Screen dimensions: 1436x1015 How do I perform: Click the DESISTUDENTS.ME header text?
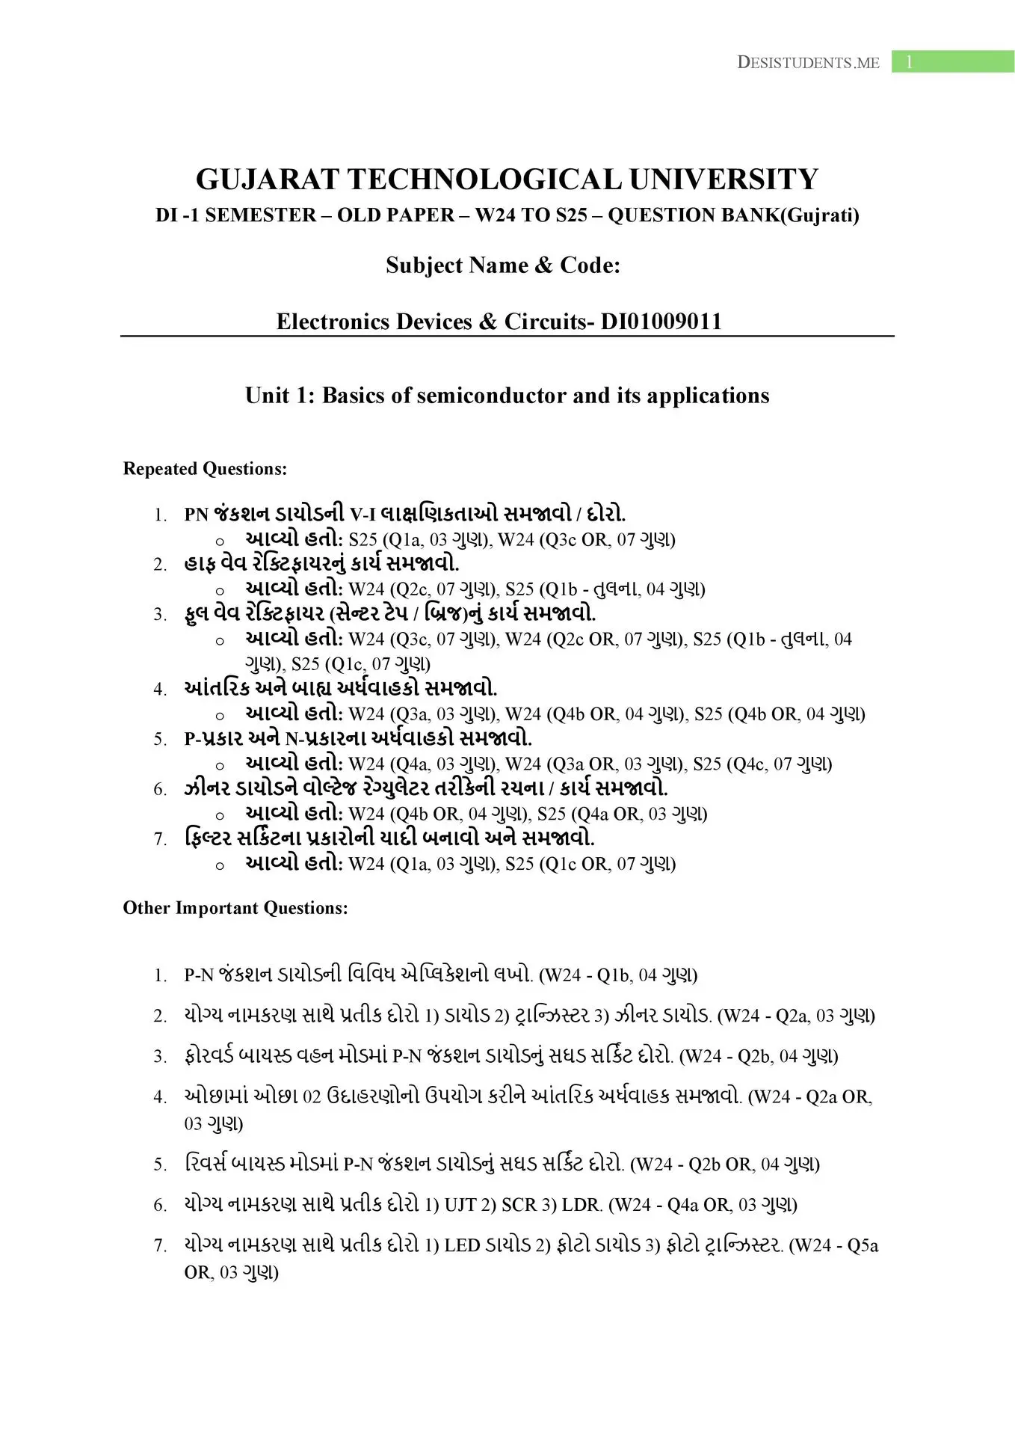808,63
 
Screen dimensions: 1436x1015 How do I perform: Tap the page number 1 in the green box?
909,62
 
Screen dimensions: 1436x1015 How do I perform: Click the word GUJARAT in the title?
267,179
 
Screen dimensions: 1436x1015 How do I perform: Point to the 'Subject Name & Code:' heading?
503,266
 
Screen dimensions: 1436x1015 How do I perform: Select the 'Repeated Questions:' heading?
205,469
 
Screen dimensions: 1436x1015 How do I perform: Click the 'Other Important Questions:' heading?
235,908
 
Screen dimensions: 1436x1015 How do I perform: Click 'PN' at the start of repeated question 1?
196,515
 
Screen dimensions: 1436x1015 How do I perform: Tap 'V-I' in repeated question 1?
362,515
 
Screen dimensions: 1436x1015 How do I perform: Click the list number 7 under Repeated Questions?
160,839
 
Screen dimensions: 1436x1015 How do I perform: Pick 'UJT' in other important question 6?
460,1205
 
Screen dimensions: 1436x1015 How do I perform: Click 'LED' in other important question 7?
462,1245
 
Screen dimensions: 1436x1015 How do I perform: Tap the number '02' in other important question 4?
312,1097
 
